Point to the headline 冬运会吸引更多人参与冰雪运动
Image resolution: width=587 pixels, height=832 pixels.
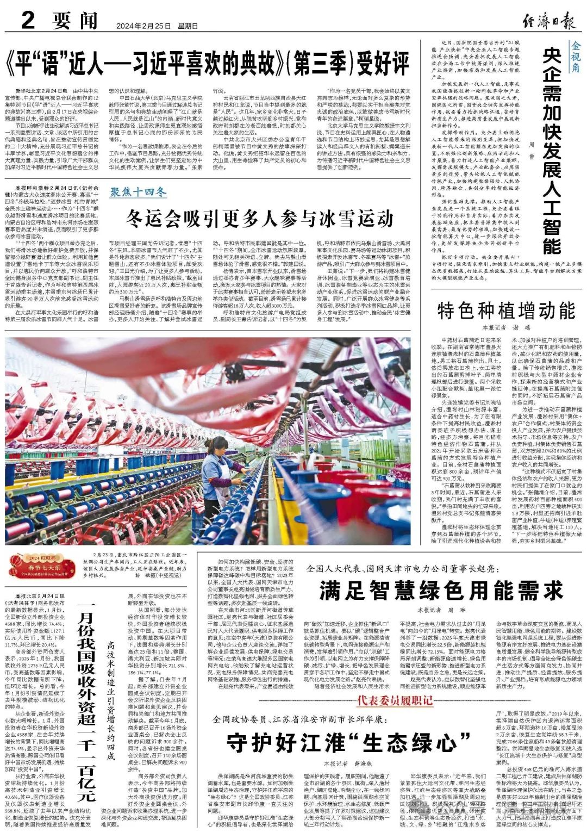point(260,218)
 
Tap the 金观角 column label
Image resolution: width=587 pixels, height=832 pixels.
point(576,57)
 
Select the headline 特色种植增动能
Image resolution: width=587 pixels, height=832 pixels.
point(506,311)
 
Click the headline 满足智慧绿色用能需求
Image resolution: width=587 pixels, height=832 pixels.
point(441,590)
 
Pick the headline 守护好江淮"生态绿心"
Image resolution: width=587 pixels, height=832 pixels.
point(348,742)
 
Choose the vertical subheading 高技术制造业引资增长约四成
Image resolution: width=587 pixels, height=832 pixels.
point(111,701)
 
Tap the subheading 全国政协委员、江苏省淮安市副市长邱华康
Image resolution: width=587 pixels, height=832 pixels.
point(299,719)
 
